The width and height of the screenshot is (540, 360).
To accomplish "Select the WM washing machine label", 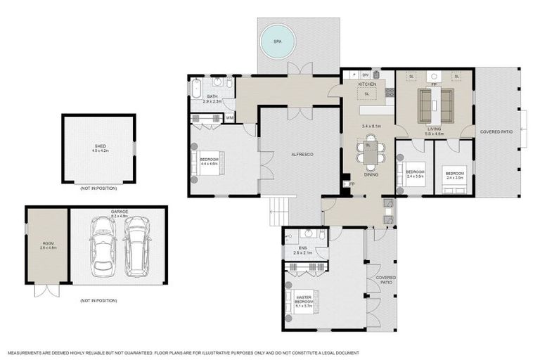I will pyautogui.click(x=230, y=117).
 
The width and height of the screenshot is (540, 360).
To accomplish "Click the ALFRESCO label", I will pyautogui.click(x=302, y=153).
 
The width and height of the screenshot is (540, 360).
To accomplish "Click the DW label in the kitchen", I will pyautogui.click(x=366, y=75).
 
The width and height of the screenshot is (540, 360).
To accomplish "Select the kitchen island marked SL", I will pyautogui.click(x=366, y=93).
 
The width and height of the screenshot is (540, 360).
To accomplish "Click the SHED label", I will pyautogui.click(x=100, y=146).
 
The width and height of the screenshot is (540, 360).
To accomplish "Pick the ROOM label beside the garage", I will pyautogui.click(x=47, y=243).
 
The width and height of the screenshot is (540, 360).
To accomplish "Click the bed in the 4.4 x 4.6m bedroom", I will pyautogui.click(x=209, y=164).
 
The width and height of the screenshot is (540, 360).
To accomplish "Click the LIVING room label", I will pyautogui.click(x=434, y=129).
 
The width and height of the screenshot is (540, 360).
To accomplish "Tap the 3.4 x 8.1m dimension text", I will pyautogui.click(x=371, y=126).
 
